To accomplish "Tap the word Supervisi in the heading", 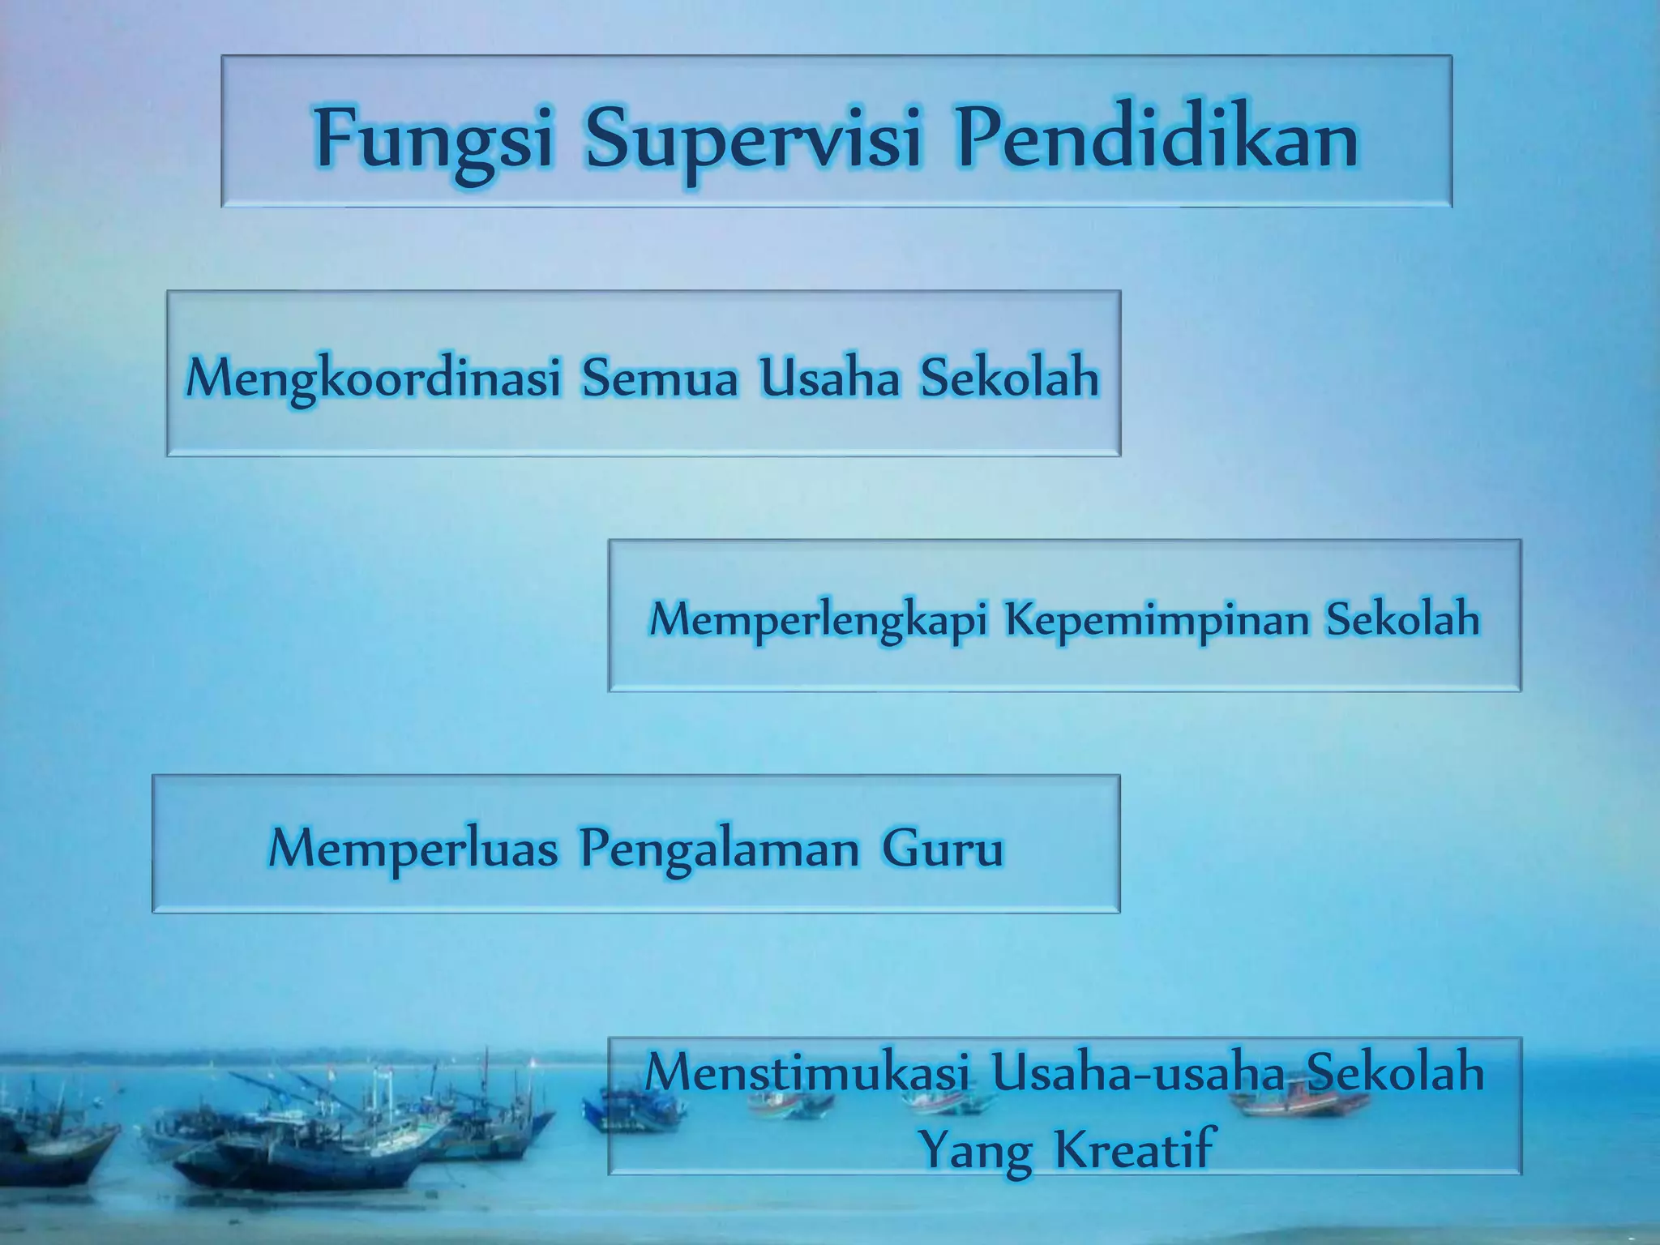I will point(754,139).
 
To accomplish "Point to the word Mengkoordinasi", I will point(374,379).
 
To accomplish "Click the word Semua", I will point(660,377).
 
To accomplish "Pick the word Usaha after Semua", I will point(829,377).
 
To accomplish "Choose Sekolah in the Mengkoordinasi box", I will point(1009,377).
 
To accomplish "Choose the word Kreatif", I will point(1135,1146).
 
